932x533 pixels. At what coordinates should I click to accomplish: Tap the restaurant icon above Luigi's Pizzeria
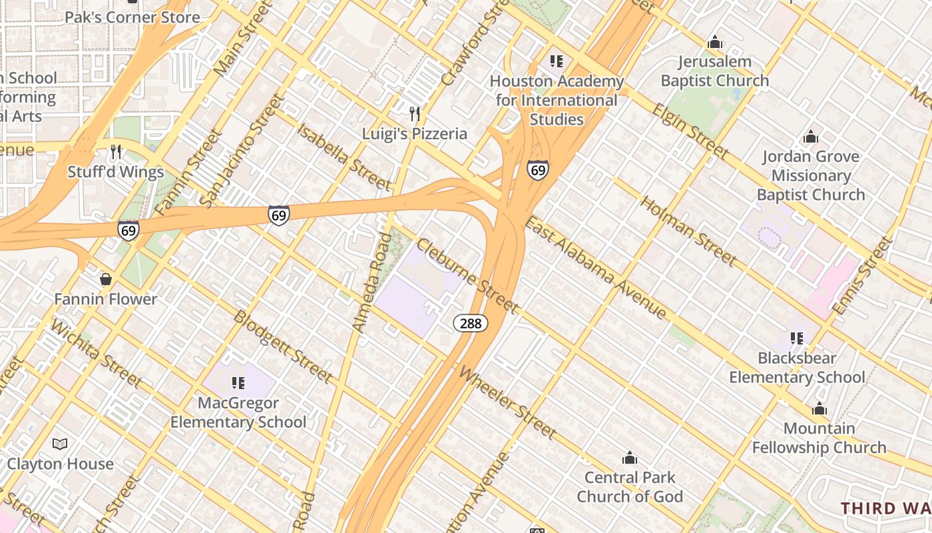(415, 113)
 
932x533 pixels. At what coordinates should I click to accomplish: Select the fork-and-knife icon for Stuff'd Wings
(116, 152)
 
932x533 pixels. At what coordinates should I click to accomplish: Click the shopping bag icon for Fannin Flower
(105, 279)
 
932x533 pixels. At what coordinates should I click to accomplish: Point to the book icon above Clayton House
(60, 444)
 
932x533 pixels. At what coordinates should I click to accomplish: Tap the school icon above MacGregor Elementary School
(238, 383)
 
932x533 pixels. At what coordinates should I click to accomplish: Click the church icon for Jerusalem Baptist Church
(715, 43)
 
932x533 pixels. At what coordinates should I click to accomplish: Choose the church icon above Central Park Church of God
(629, 458)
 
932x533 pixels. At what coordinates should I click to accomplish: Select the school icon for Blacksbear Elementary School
(797, 338)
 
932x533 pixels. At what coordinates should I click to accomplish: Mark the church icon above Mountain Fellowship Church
(819, 408)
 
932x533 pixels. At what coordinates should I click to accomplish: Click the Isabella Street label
(344, 157)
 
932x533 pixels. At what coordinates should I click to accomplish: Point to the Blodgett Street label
(282, 346)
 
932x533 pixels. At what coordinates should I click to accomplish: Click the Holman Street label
(688, 230)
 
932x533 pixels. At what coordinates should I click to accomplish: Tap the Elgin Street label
(691, 131)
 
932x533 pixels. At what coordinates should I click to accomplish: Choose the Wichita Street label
(96, 354)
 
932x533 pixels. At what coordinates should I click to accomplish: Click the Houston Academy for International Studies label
(557, 101)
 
